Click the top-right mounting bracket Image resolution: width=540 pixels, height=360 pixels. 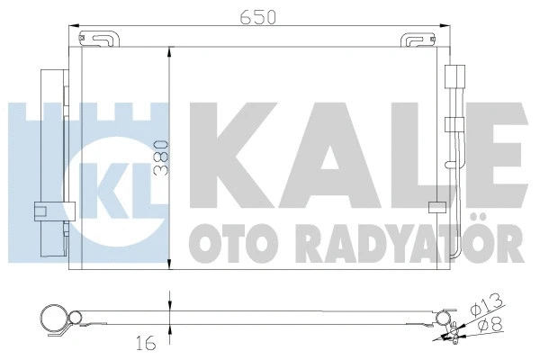pos(419,40)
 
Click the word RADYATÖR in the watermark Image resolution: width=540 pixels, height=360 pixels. pos(396,240)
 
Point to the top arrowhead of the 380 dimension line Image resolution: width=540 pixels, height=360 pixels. pos(170,52)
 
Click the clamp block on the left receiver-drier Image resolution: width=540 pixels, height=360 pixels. pos(41,212)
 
